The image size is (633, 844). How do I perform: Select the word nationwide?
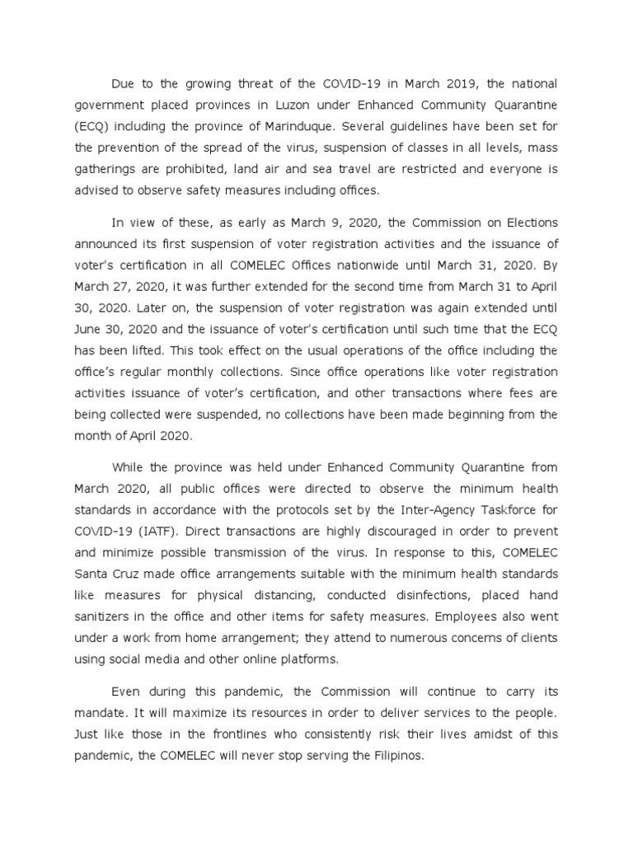[x=391, y=265]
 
